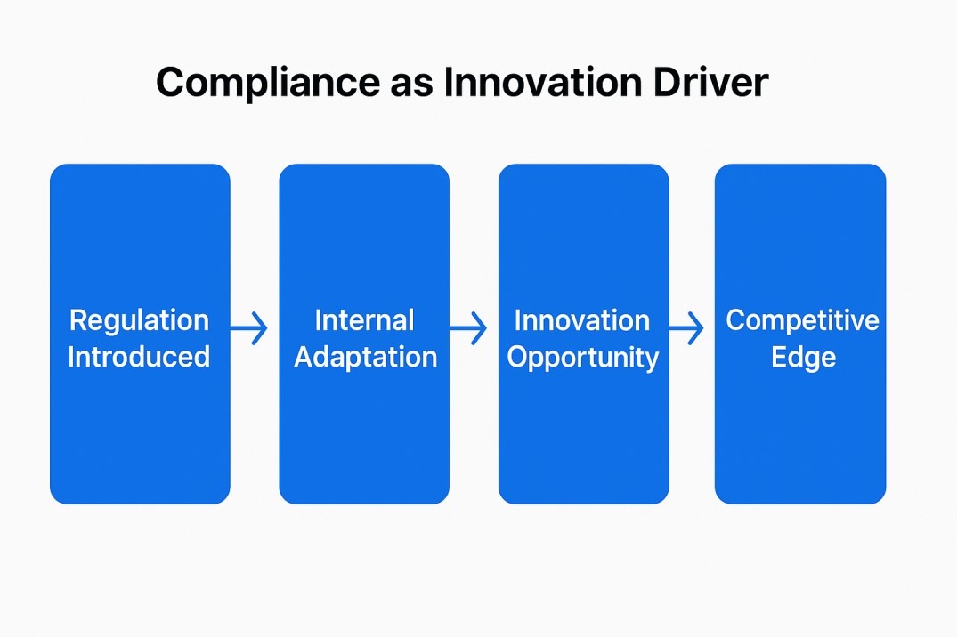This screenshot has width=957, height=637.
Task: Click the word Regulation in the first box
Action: [139, 320]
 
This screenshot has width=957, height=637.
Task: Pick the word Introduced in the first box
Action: [139, 357]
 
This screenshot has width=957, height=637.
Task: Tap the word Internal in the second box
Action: [365, 320]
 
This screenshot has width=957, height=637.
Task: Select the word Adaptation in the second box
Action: [365, 358]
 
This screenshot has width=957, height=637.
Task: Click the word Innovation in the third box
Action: [582, 320]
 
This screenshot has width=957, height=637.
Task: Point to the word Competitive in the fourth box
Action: [802, 320]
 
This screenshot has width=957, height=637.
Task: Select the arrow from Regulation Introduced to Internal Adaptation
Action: [250, 329]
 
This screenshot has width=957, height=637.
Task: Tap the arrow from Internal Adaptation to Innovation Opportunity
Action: [469, 329]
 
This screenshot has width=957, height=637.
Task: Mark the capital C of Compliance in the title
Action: [172, 83]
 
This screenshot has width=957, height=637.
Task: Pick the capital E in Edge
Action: [778, 357]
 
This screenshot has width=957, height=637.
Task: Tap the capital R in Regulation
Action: [77, 320]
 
